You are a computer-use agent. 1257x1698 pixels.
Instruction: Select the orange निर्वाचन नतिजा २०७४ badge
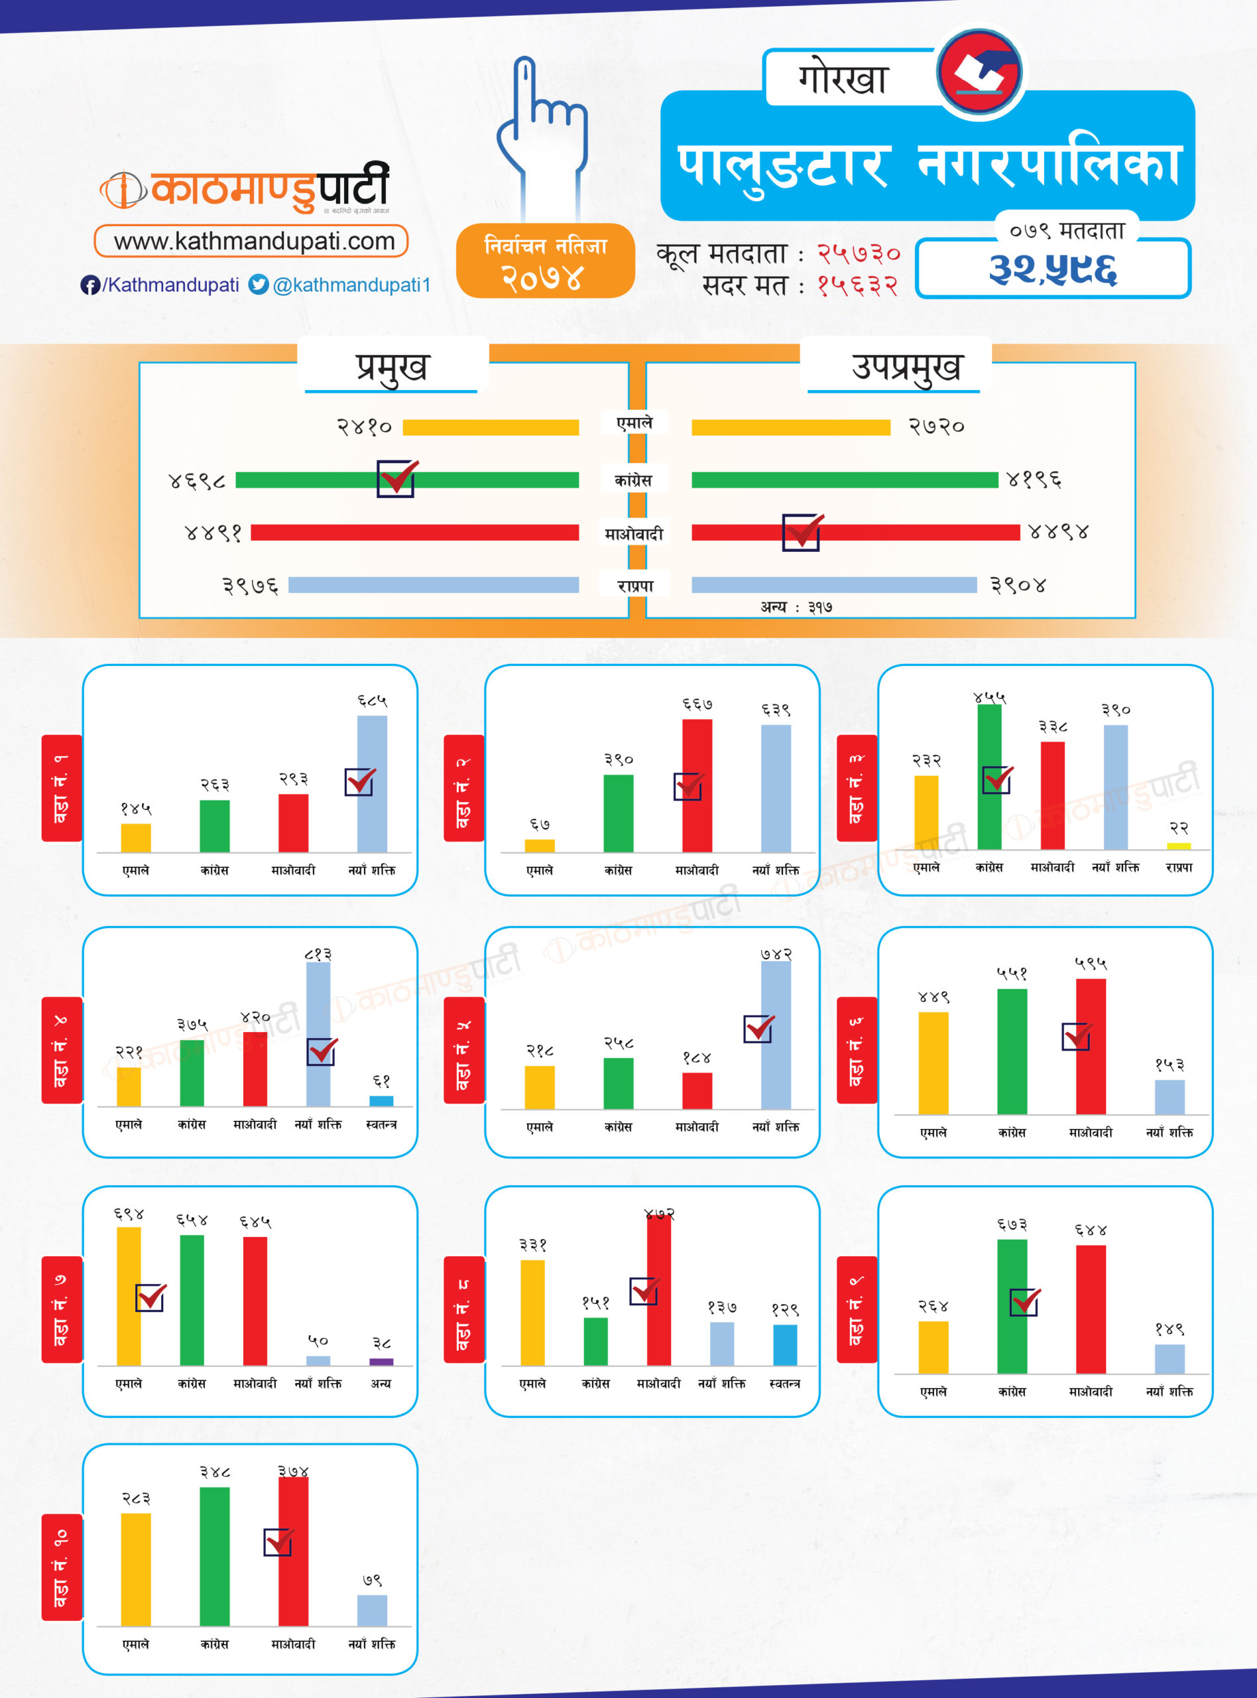pos(545,260)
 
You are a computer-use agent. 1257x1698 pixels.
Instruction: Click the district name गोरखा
pos(843,78)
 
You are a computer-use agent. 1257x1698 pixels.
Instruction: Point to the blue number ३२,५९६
pos(1052,269)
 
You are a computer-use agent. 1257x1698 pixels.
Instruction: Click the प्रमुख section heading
pos(392,367)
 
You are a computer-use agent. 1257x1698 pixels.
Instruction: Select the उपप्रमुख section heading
pos(906,367)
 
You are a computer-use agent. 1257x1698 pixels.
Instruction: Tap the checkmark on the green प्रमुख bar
pos(396,479)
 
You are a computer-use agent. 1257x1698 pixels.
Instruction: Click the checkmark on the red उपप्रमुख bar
pos(802,531)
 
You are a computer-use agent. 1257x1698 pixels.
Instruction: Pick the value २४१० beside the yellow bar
pos(365,427)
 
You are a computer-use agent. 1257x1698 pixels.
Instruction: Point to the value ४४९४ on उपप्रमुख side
pos(1057,532)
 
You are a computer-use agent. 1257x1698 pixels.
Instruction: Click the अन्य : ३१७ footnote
pos(796,607)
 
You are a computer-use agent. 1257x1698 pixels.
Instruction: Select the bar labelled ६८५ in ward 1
pos(372,783)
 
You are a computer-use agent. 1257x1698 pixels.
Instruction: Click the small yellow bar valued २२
pos(1179,846)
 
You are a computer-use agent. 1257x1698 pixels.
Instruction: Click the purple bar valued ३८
pos(381,1362)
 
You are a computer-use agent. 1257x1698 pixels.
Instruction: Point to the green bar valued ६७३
pos(1012,1306)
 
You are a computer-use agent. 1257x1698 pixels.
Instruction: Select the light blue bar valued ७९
pos(372,1610)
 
